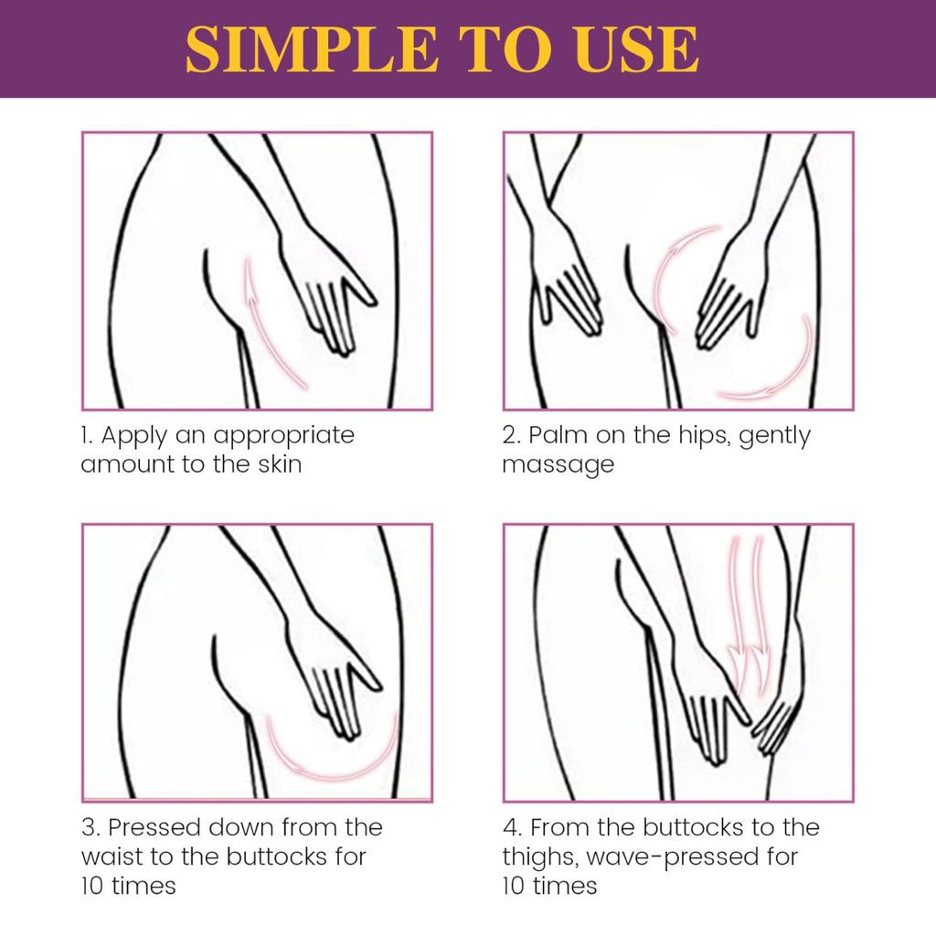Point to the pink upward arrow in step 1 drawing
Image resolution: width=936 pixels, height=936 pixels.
coord(270,320)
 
